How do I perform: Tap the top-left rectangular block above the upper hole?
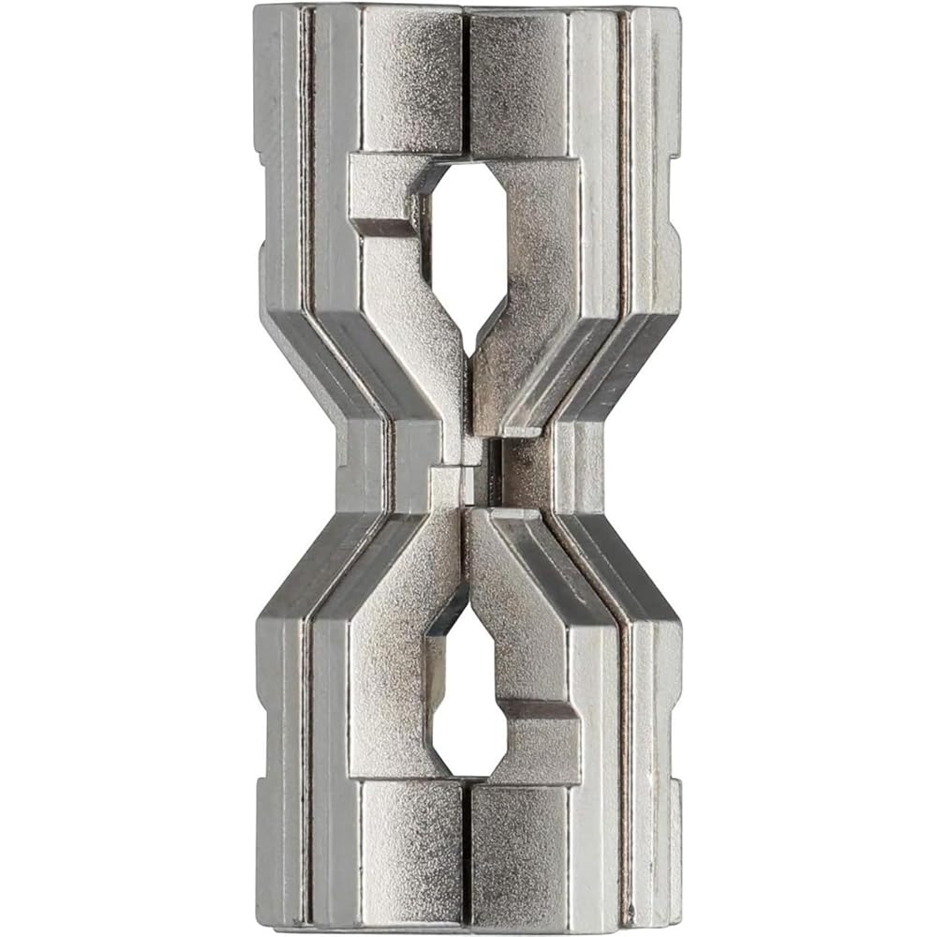pyautogui.click(x=412, y=80)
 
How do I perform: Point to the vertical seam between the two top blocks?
pyautogui.click(x=466, y=80)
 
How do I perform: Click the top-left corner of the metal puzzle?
pyautogui.click(x=257, y=9)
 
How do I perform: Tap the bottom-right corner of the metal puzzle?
pyautogui.click(x=679, y=928)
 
